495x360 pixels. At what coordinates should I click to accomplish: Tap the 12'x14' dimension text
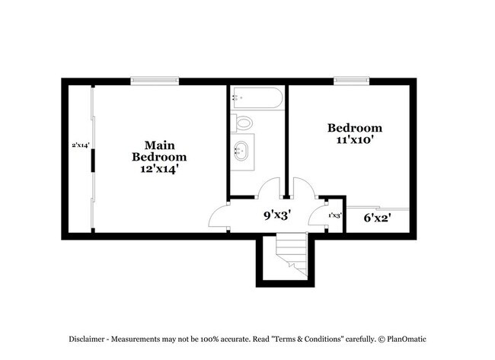(x=158, y=170)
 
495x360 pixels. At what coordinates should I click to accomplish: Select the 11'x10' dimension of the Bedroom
(x=354, y=140)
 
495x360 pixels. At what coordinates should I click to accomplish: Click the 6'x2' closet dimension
(x=377, y=218)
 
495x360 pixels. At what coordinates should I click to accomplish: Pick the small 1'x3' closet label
(x=334, y=215)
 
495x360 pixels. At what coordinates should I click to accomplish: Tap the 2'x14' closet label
(x=81, y=145)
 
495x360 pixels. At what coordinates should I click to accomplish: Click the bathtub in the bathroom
(x=257, y=97)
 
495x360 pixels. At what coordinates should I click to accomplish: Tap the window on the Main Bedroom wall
(x=154, y=79)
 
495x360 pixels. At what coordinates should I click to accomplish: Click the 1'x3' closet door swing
(x=318, y=215)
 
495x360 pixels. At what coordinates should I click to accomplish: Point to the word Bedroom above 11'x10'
(x=354, y=128)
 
